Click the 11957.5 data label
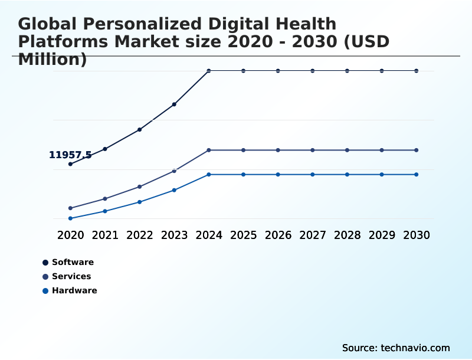pos(70,155)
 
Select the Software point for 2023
pos(174,104)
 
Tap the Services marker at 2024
pos(209,150)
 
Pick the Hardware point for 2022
pos(140,202)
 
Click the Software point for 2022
pos(140,129)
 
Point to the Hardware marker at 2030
pos(417,175)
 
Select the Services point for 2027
pos(313,150)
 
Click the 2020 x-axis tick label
pos(71,235)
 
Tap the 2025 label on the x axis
pos(244,235)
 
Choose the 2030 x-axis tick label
pos(417,235)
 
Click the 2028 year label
pos(348,235)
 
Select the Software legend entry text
pos(73,263)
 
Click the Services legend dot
pos(45,277)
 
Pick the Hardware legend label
pos(74,291)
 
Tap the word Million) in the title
pos(53,59)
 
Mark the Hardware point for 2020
pos(71,218)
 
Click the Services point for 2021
pos(105,199)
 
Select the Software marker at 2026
pos(278,71)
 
